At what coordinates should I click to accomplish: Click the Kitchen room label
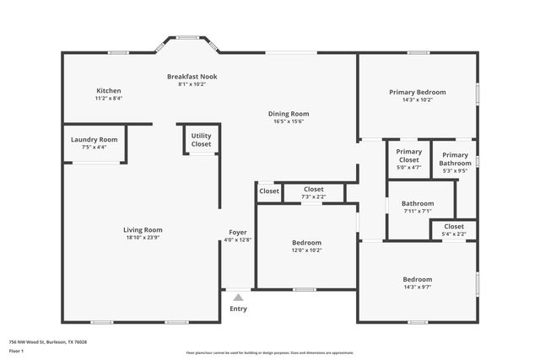[x=108, y=91]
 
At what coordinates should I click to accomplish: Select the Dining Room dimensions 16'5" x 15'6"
[x=289, y=121]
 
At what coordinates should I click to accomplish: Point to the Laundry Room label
[x=94, y=140]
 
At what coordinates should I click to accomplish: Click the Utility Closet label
[x=201, y=140]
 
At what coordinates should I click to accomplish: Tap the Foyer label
[x=238, y=232]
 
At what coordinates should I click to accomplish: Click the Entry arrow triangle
[x=238, y=297]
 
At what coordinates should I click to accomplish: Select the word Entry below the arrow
[x=238, y=309]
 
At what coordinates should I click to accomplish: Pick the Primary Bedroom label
[x=417, y=92]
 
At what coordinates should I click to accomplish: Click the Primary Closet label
[x=408, y=156]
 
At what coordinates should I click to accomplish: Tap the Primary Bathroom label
[x=455, y=159]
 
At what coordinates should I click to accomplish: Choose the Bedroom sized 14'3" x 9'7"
[x=417, y=283]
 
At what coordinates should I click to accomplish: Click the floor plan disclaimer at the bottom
[x=270, y=352]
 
